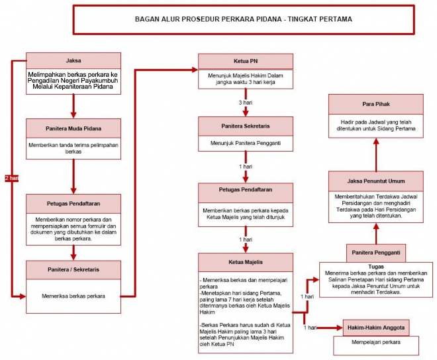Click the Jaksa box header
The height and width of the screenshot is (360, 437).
pos(73,60)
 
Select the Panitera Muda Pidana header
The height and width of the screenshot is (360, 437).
pos(73,128)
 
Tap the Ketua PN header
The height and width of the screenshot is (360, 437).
pos(246,62)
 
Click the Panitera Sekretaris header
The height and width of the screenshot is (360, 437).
pos(246,126)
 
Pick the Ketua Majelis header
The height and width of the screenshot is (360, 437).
pos(246,262)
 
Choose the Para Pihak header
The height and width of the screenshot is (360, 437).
pos(376,104)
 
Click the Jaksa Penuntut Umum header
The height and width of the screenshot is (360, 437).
pos(376,181)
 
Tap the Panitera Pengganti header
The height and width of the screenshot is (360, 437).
pos(376,253)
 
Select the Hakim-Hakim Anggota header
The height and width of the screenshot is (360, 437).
pos(376,328)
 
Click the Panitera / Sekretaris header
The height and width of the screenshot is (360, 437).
pos(73,270)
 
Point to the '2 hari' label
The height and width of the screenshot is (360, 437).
pos(12,178)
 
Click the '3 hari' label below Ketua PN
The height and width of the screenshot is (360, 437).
pos(246,103)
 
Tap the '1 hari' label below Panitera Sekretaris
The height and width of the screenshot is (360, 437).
pos(246,167)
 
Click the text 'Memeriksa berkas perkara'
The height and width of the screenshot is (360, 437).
pos(73,296)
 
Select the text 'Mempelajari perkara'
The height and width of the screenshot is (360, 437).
pos(376,342)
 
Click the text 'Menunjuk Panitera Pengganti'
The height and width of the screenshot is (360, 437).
pos(246,143)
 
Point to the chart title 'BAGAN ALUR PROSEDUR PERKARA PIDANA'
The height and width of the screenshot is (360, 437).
pos(208,19)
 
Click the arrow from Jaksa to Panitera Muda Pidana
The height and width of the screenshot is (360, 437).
pos(73,106)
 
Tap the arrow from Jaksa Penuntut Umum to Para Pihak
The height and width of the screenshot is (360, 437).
pos(376,155)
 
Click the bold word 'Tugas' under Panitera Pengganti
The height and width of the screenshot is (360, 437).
pos(376,267)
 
